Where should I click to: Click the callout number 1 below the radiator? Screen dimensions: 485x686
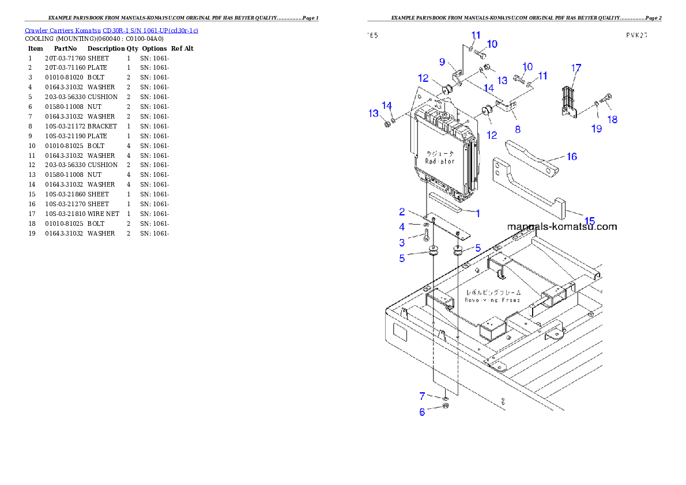tap(478, 214)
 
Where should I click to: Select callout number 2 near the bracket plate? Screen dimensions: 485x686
tap(402, 213)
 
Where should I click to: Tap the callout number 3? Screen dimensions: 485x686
tap(402, 243)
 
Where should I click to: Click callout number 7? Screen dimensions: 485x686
tap(422, 396)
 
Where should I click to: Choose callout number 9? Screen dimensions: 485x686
tap(442, 62)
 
